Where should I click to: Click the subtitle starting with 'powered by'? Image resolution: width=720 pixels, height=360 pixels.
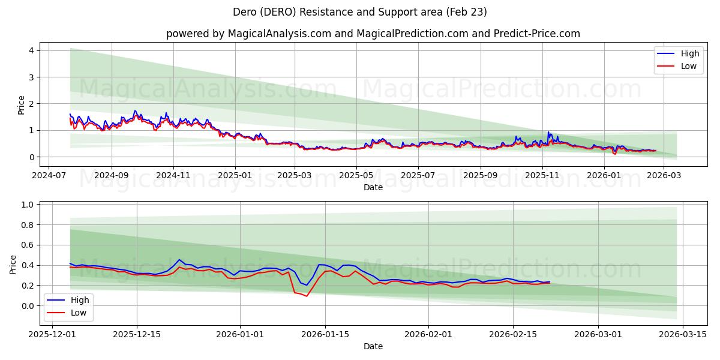click(373, 34)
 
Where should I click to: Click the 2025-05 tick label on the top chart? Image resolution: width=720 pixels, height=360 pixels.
click(356, 176)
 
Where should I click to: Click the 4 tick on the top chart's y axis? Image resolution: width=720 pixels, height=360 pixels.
click(31, 50)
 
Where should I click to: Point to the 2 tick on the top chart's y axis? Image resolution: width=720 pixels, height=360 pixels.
click(31, 104)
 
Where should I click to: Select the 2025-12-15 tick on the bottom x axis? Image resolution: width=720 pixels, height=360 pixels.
click(136, 335)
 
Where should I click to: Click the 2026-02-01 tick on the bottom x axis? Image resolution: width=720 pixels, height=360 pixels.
click(428, 335)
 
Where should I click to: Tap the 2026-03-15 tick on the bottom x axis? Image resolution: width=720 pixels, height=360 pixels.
click(683, 335)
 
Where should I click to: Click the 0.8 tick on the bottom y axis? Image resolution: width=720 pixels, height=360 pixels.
click(26, 225)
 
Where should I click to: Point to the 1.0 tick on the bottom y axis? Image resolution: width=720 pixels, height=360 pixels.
click(26, 205)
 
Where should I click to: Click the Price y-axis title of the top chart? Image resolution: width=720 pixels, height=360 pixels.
click(22, 105)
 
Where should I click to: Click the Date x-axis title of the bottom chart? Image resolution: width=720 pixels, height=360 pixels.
click(373, 346)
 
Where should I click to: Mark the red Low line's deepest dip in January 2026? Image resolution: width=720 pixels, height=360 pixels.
click(307, 296)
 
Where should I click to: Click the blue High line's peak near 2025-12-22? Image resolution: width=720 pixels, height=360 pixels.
click(179, 260)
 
